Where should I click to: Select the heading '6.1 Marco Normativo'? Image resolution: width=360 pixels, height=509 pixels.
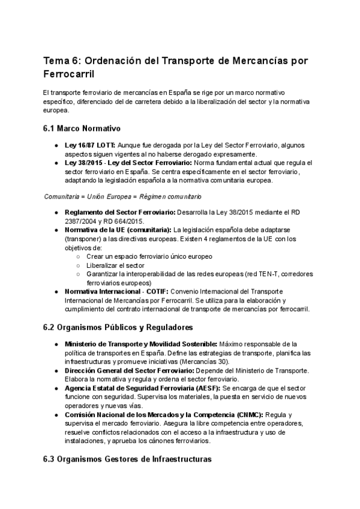[82, 128]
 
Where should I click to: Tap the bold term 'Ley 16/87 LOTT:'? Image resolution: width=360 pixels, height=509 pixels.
[89, 145]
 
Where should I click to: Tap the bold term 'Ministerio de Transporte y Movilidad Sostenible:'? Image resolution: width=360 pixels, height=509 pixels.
[140, 344]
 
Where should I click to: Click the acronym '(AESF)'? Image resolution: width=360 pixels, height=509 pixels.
[208, 388]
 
